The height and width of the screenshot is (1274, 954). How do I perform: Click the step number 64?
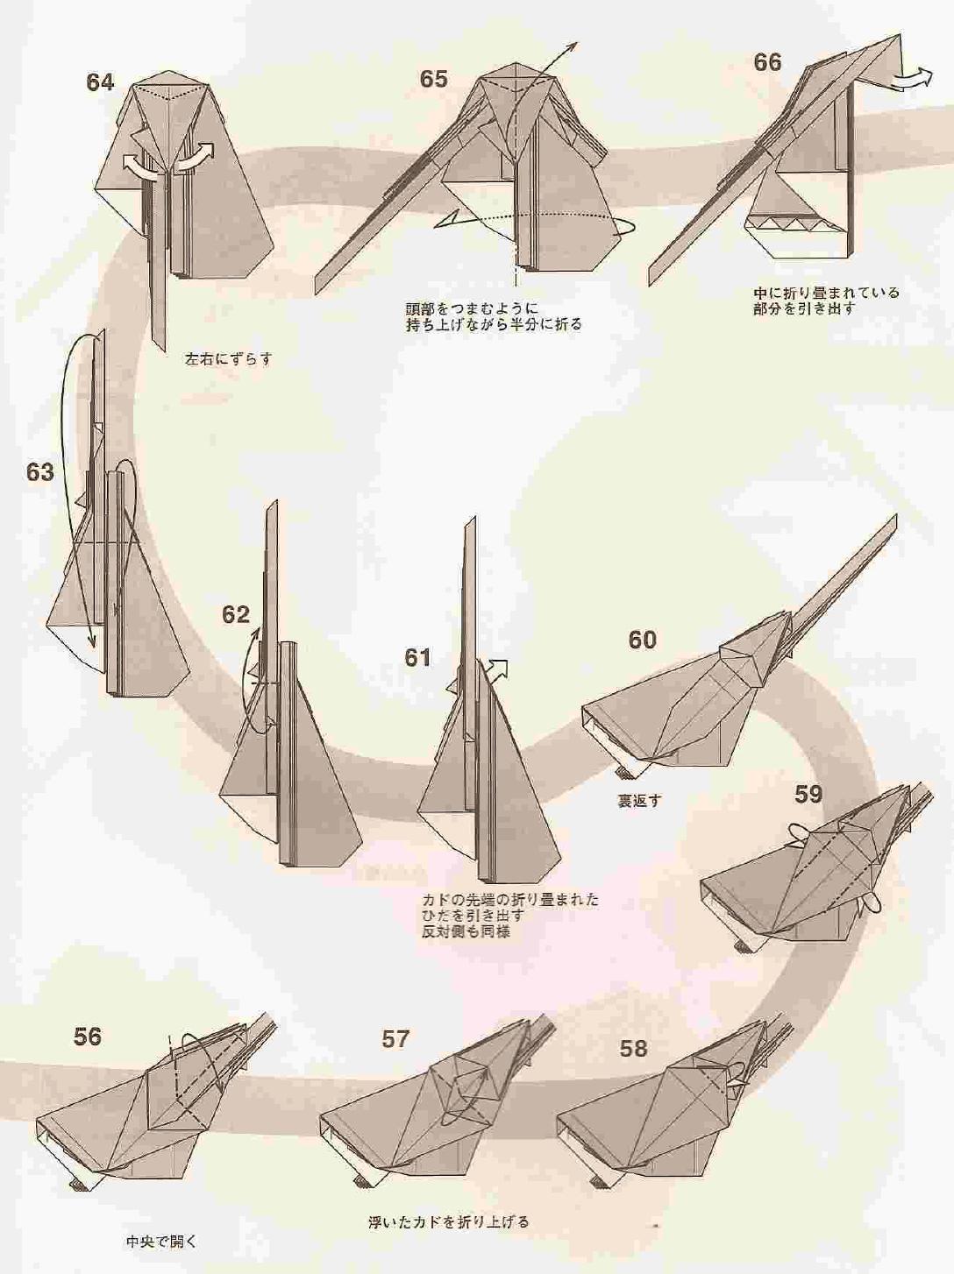coord(100,82)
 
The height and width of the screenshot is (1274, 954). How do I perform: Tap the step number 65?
coord(433,79)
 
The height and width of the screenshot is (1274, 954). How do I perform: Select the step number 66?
coord(767,62)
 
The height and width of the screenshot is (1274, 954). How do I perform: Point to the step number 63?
coord(39,472)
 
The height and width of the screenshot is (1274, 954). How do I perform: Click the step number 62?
coord(235,615)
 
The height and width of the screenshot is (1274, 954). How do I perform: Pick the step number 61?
coord(417,657)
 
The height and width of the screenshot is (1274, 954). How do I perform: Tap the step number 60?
coord(642,641)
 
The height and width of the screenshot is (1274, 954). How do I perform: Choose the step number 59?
coord(808,795)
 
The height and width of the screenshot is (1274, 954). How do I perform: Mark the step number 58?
coord(633,1049)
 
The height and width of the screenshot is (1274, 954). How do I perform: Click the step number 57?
coord(395,1039)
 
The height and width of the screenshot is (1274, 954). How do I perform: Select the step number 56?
coord(88,1037)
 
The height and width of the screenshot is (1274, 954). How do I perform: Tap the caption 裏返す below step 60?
coord(638,801)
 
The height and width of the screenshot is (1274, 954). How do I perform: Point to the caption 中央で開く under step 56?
coord(161,1242)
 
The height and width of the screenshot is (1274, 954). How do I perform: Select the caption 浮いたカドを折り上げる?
coord(449,1222)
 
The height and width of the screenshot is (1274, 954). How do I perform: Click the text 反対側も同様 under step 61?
coord(465,932)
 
